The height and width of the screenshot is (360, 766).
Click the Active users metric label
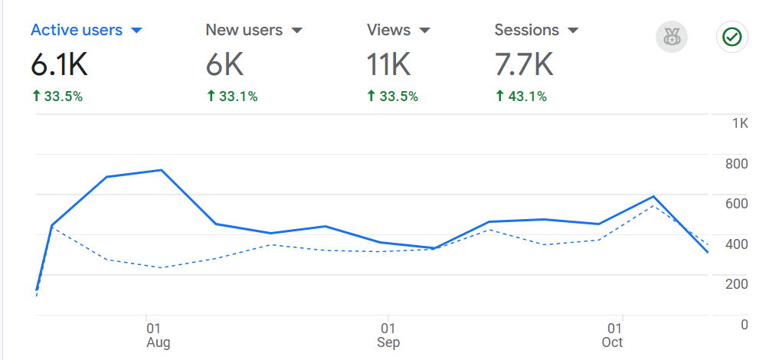[x=76, y=31]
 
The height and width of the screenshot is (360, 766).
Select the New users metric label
[x=244, y=31]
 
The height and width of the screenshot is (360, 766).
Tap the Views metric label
[x=388, y=31]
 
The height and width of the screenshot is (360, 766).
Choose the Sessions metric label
[x=526, y=31]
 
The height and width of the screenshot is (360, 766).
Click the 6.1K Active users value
[x=59, y=66]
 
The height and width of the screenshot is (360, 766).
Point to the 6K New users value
[x=224, y=66]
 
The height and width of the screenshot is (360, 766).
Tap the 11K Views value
[x=388, y=66]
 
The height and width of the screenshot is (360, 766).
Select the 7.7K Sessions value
[x=523, y=66]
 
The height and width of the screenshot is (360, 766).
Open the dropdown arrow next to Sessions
[x=572, y=31]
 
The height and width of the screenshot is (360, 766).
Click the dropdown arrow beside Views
[x=424, y=31]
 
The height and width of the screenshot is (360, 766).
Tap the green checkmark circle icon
[x=732, y=37]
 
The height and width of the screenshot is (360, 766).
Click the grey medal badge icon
[x=672, y=37]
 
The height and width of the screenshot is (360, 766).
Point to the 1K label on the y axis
[x=740, y=123]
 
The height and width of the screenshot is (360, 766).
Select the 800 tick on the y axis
[x=737, y=163]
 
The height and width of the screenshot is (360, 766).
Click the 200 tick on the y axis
[x=737, y=283]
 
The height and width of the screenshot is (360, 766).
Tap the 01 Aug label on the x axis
[x=157, y=335]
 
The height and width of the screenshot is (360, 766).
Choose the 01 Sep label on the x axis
[x=388, y=335]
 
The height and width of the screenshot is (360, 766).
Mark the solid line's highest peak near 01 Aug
[x=161, y=170]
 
